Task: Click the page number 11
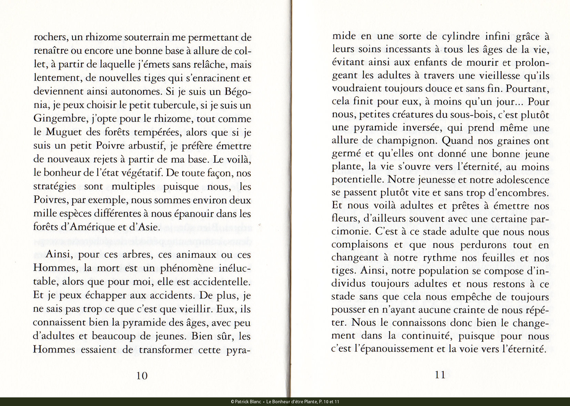(440, 375)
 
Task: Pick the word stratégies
(55, 187)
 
